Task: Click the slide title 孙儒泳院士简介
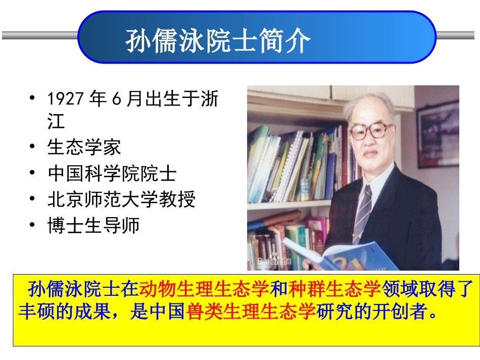pos(218,41)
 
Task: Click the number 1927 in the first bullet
pos(65,99)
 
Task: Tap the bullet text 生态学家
pos(84,147)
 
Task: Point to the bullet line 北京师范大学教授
pos(121,200)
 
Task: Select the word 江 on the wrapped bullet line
pos(56,121)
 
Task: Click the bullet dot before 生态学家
pos(33,147)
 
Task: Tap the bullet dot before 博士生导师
pos(33,226)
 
